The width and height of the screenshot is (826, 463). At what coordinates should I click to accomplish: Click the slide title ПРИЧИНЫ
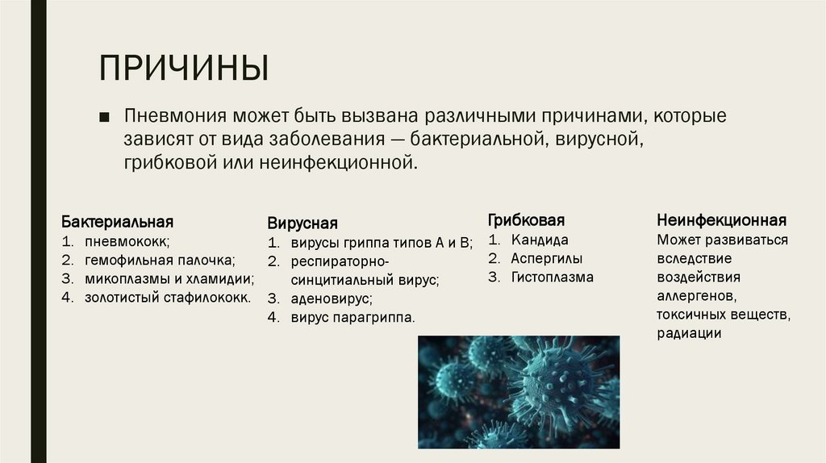(x=184, y=68)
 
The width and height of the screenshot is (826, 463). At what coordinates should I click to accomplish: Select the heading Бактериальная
(x=117, y=221)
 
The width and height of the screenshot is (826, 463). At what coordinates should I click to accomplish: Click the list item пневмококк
(x=127, y=240)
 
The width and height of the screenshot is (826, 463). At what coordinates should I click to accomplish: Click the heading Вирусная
(x=302, y=223)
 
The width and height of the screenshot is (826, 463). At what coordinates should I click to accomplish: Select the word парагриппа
(x=378, y=318)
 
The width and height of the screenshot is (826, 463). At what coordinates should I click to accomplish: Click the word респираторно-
(x=340, y=261)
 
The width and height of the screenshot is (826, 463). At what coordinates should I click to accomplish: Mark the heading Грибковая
(x=526, y=220)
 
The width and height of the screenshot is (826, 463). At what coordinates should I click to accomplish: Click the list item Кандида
(x=539, y=240)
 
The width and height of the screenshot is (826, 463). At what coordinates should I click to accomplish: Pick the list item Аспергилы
(x=546, y=259)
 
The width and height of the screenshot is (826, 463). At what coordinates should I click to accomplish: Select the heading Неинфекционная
(x=721, y=220)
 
